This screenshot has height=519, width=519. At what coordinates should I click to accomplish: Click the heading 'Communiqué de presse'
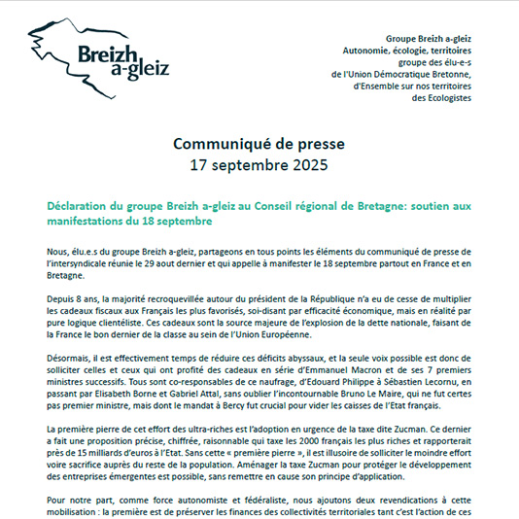point(259,144)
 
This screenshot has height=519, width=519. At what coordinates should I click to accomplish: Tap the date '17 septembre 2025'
point(259,165)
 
